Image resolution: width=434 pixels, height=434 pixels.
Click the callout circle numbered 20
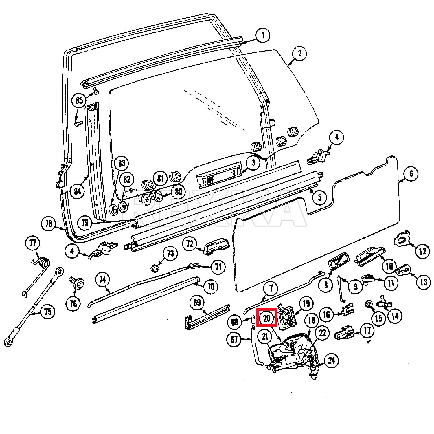coord(266,318)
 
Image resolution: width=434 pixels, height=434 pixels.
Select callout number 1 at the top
coord(263,36)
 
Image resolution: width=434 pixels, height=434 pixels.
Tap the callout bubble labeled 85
coord(79,100)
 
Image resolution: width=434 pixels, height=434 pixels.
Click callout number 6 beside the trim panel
coord(411,174)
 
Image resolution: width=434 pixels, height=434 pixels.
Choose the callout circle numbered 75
coord(48,312)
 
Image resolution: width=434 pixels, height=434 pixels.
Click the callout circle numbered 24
coord(331,360)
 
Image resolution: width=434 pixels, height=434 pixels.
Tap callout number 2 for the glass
coord(299,53)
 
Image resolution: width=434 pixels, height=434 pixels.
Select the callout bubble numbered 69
coord(197,303)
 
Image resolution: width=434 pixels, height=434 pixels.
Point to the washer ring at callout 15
coord(369,304)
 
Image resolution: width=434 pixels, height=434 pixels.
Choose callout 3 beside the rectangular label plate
coord(253,162)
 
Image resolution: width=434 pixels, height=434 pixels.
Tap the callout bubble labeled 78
coord(49,224)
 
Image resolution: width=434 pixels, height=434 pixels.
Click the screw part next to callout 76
coord(76,282)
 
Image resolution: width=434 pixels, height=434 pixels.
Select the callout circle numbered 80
coord(179,191)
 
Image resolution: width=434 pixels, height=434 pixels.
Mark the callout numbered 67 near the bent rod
coord(234,339)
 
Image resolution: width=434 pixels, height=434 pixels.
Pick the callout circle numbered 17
coord(367,330)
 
